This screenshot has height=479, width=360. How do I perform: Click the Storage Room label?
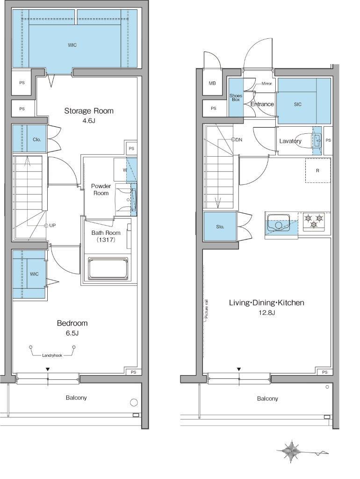88,111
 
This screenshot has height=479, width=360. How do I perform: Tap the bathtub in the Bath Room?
108,269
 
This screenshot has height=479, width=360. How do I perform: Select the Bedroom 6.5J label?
72,327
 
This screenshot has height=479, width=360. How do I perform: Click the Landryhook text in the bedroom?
52,356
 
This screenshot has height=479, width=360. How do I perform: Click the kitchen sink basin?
279,224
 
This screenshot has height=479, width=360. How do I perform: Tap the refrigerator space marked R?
318,170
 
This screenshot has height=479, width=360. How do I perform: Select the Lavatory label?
290,141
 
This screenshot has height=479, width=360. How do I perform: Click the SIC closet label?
298,104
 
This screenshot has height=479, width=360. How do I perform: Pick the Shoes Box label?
236,97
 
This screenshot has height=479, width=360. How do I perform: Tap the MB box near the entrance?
212,83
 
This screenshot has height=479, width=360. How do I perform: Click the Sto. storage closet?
220,227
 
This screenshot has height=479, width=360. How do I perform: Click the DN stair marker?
237,139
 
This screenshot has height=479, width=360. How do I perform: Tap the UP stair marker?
50,225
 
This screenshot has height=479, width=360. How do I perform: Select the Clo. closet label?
37,139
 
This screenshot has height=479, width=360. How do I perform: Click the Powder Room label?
101,189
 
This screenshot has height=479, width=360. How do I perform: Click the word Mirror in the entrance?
266,83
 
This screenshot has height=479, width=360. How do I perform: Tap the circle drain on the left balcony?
134,402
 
